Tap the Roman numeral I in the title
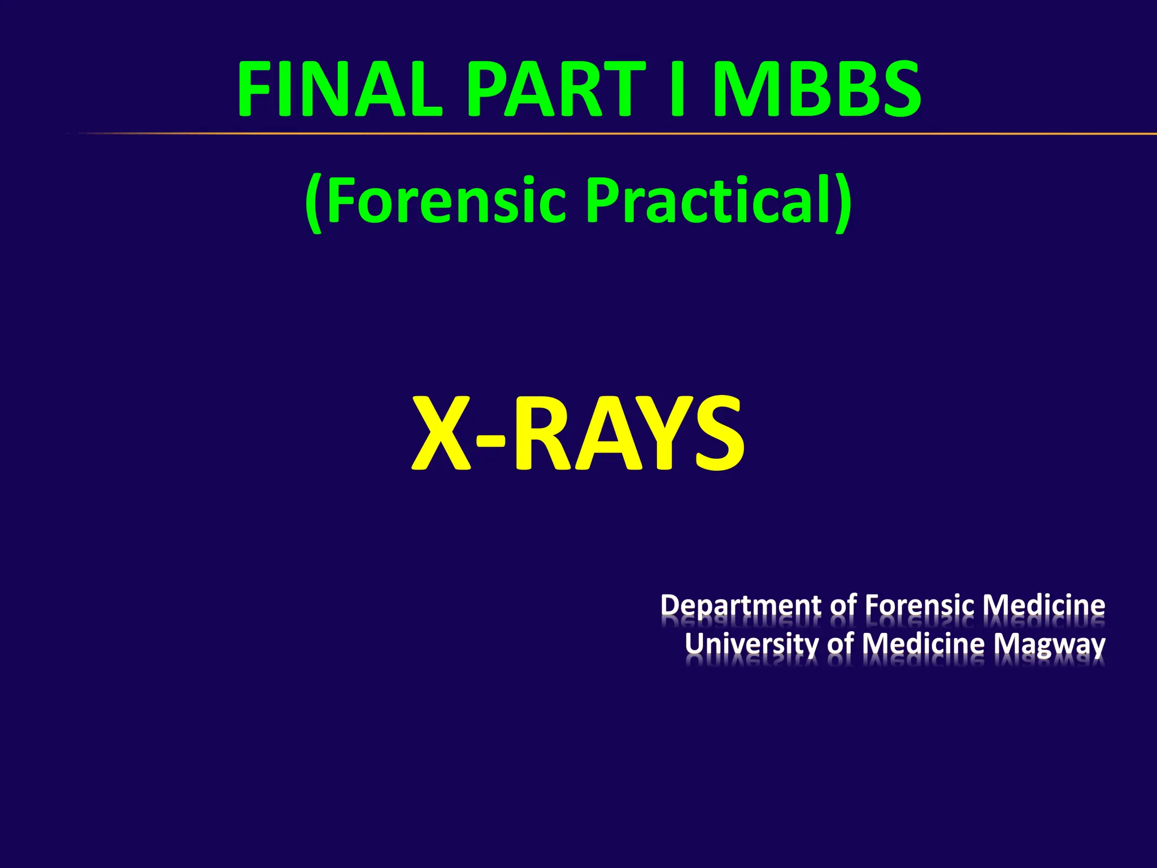click(x=678, y=90)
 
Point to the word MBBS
click(x=816, y=90)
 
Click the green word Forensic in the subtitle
click(x=446, y=201)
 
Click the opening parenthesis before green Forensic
click(x=314, y=203)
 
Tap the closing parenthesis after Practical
click(x=843, y=203)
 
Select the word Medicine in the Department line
click(x=1043, y=605)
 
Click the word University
click(x=751, y=644)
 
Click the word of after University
click(x=841, y=644)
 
